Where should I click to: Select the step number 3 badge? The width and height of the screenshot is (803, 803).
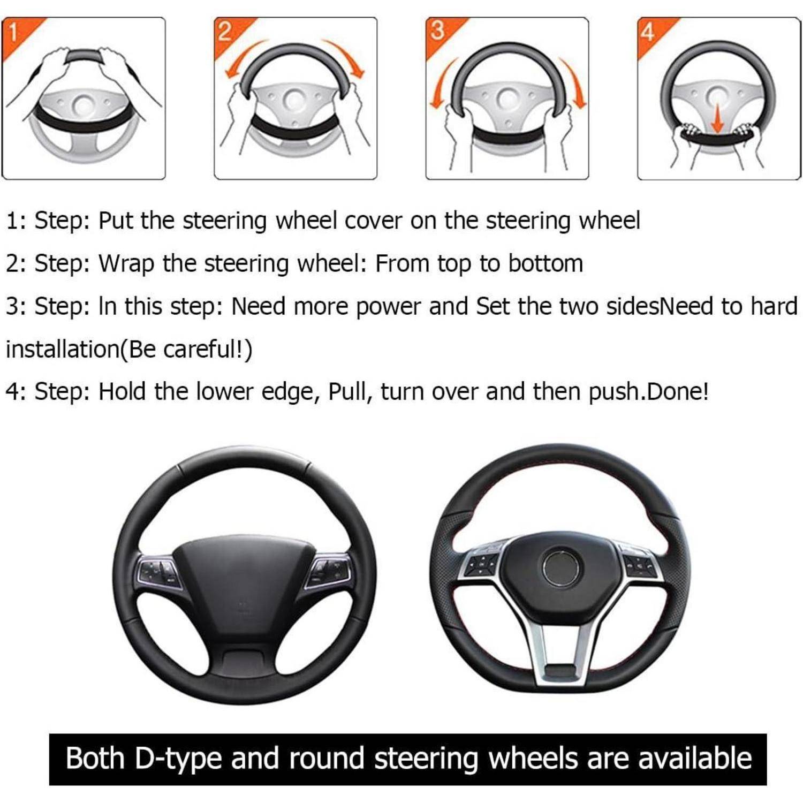(x=437, y=32)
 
